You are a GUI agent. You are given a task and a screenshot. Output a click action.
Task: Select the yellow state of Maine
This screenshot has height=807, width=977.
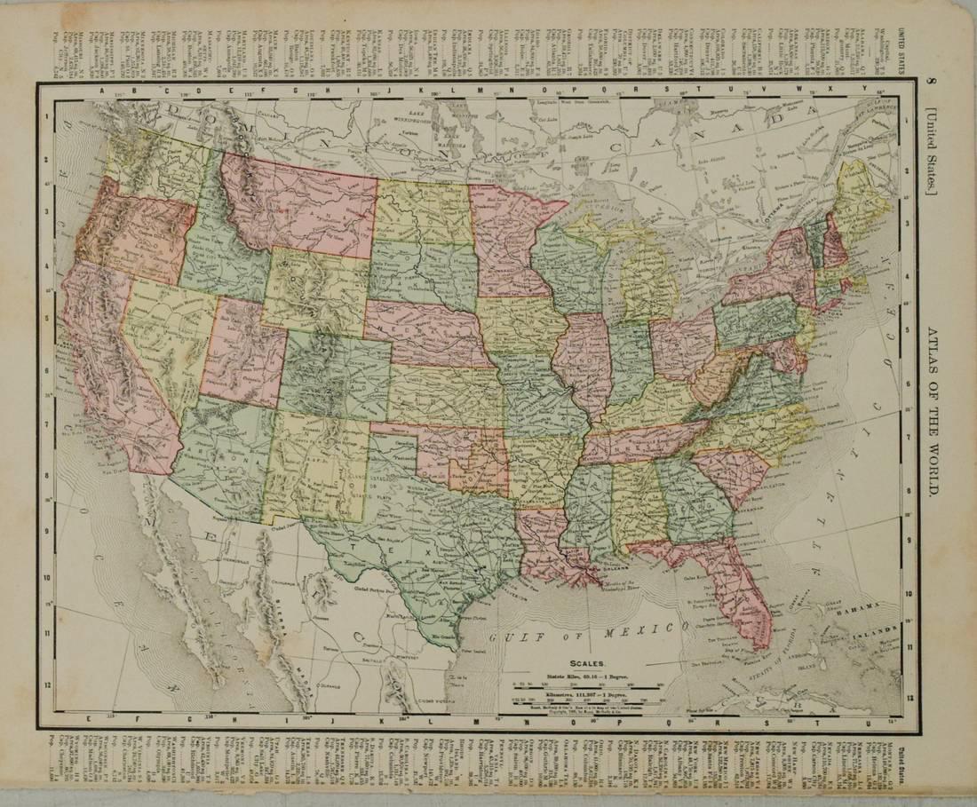coord(859,200)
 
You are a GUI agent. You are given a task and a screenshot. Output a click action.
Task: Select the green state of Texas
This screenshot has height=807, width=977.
coord(417,542)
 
